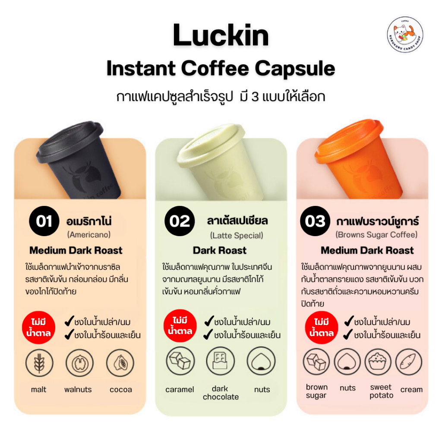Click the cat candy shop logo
405,35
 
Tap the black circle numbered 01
44,221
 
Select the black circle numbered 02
180,221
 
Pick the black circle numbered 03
315,221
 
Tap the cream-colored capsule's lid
211,145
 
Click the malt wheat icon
39,363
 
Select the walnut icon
80,363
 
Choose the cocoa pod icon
120,363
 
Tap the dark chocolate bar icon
221,361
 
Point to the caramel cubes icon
180,361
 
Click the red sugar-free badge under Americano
38,328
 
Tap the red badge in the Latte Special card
180,326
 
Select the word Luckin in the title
221,36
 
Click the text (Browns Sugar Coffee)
376,235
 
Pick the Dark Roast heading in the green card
220,250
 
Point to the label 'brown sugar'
316,391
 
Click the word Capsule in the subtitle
295,69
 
